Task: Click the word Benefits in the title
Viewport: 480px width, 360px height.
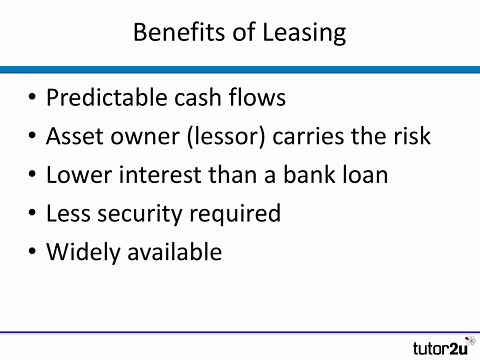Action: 174,32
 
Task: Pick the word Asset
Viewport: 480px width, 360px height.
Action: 74,136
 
